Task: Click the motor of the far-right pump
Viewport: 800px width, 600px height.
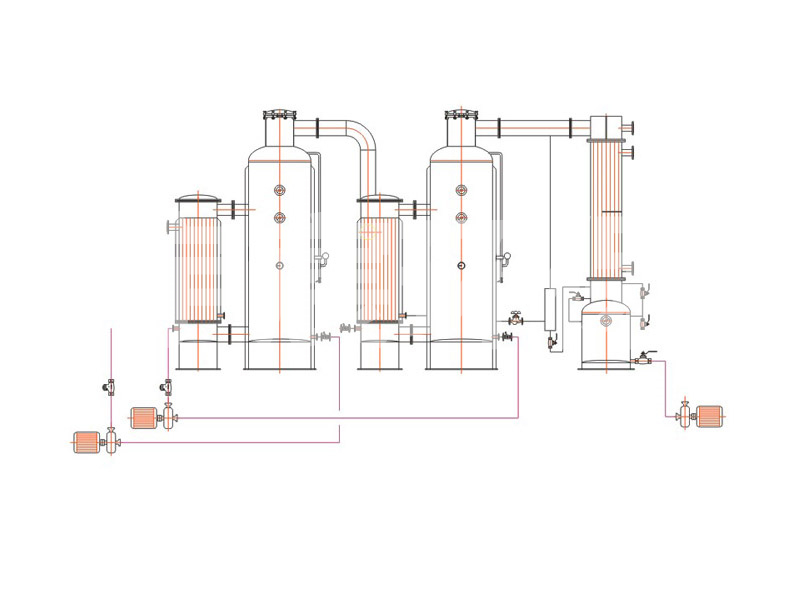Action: pos(711,415)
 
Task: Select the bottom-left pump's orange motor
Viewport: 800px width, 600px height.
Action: pos(88,441)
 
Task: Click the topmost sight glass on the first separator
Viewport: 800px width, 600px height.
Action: pos(280,190)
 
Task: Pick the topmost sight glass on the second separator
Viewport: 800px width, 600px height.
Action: pos(461,190)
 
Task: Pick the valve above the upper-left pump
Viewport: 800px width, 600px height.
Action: pos(167,387)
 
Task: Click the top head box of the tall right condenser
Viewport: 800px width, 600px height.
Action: pos(605,127)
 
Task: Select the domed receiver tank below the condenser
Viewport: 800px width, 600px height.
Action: pos(607,335)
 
